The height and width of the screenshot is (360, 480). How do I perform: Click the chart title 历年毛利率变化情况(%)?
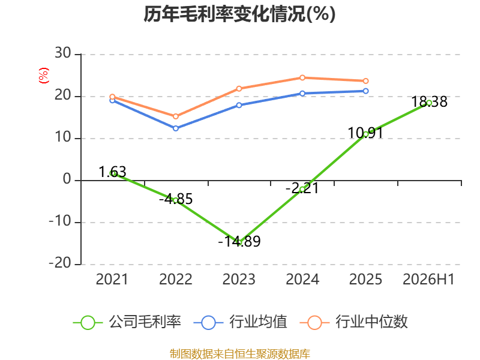[239, 14]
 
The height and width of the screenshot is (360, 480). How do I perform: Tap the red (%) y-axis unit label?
[44, 76]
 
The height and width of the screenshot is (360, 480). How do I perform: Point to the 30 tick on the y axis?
[63, 53]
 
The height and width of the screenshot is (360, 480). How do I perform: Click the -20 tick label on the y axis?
[60, 263]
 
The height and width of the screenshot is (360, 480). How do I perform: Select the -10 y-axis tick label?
[60, 221]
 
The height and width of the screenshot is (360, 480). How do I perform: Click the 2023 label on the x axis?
[239, 279]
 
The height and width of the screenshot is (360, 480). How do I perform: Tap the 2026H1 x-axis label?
[428, 279]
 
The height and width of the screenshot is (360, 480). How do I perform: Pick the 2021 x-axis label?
[112, 279]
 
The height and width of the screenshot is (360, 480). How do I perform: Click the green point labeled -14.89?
[239, 243]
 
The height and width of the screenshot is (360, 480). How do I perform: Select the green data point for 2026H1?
[429, 103]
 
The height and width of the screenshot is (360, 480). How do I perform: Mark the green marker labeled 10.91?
[365, 134]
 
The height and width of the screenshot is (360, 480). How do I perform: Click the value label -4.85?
[176, 199]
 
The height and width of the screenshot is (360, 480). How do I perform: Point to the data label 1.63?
[112, 172]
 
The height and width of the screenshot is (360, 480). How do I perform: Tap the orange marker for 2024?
[302, 78]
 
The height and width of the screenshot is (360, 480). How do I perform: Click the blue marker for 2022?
[176, 128]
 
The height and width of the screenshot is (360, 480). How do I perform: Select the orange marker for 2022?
[176, 116]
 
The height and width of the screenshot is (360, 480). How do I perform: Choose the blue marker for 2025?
[365, 91]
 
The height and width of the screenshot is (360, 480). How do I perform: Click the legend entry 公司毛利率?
[127, 322]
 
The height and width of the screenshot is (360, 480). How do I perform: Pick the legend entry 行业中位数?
[353, 322]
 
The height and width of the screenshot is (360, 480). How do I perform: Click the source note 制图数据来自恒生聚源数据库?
[239, 354]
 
